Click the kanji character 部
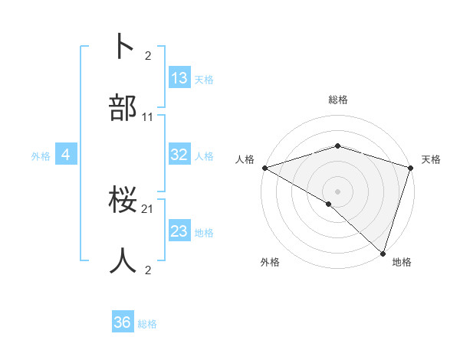coord(123,110)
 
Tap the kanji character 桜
coord(123,201)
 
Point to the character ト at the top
coord(123,47)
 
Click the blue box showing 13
coord(179,78)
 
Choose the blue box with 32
coord(179,155)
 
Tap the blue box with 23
coord(179,231)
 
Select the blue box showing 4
coord(66,155)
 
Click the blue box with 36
coord(123,322)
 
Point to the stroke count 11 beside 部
coord(148,117)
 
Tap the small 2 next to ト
coord(149,56)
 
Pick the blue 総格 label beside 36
coord(147,324)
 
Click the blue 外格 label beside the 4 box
coord(41,155)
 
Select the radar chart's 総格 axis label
coord(338,100)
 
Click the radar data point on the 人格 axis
coord(264,168)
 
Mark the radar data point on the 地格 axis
coord(383,253)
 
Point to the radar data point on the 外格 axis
coord(329,204)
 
